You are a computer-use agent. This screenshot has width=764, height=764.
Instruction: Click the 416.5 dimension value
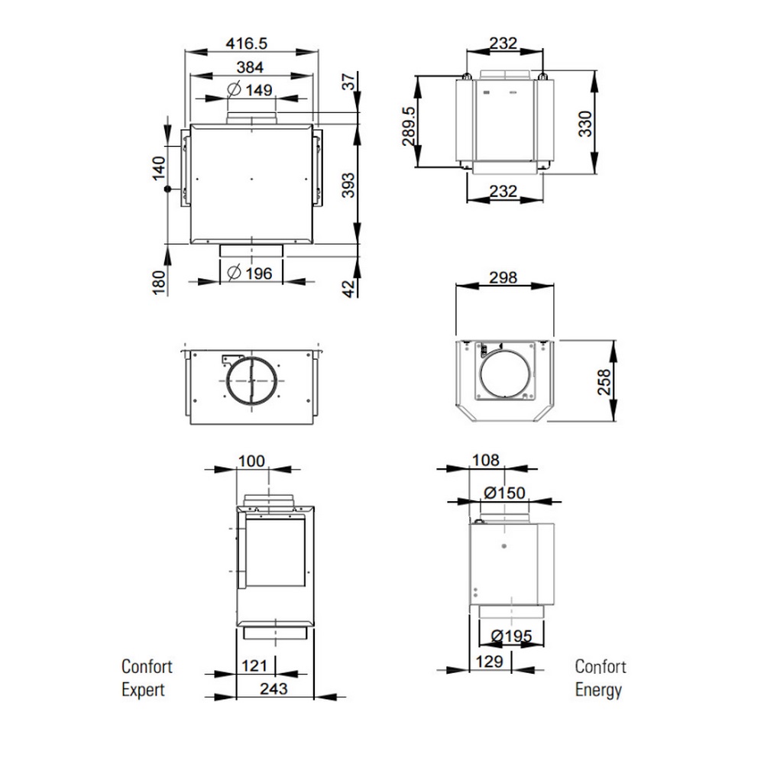[247, 44]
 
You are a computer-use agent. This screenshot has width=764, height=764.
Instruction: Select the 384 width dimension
[250, 67]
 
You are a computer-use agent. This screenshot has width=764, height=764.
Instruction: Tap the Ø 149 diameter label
[250, 90]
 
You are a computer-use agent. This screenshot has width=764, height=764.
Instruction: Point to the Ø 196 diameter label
[250, 274]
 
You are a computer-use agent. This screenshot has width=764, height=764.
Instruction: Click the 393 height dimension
[348, 185]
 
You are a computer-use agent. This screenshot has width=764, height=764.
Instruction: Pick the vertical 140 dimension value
[159, 168]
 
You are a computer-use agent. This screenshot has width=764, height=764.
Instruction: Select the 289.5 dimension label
[410, 126]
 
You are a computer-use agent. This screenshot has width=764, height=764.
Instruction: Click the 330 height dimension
[585, 124]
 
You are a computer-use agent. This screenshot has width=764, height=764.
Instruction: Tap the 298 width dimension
[503, 278]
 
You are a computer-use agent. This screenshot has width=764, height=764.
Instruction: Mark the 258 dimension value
[604, 382]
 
